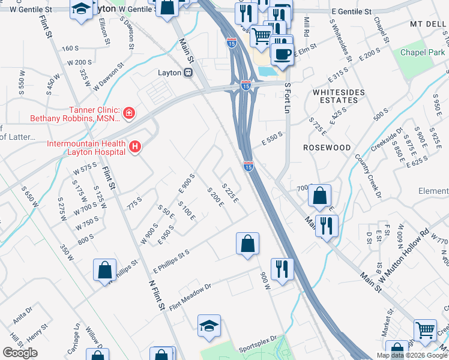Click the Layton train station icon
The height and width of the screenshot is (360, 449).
(188, 73)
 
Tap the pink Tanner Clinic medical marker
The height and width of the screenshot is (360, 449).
(128, 113)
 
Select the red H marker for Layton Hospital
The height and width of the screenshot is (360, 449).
(136, 146)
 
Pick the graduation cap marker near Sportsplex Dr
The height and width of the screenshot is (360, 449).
(209, 325)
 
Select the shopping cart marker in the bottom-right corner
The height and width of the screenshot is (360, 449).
(425, 329)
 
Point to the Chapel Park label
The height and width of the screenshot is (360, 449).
(422, 52)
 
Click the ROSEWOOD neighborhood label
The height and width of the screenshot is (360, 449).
(327, 147)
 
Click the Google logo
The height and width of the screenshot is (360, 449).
(20, 352)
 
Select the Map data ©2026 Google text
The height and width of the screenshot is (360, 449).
(411, 355)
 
